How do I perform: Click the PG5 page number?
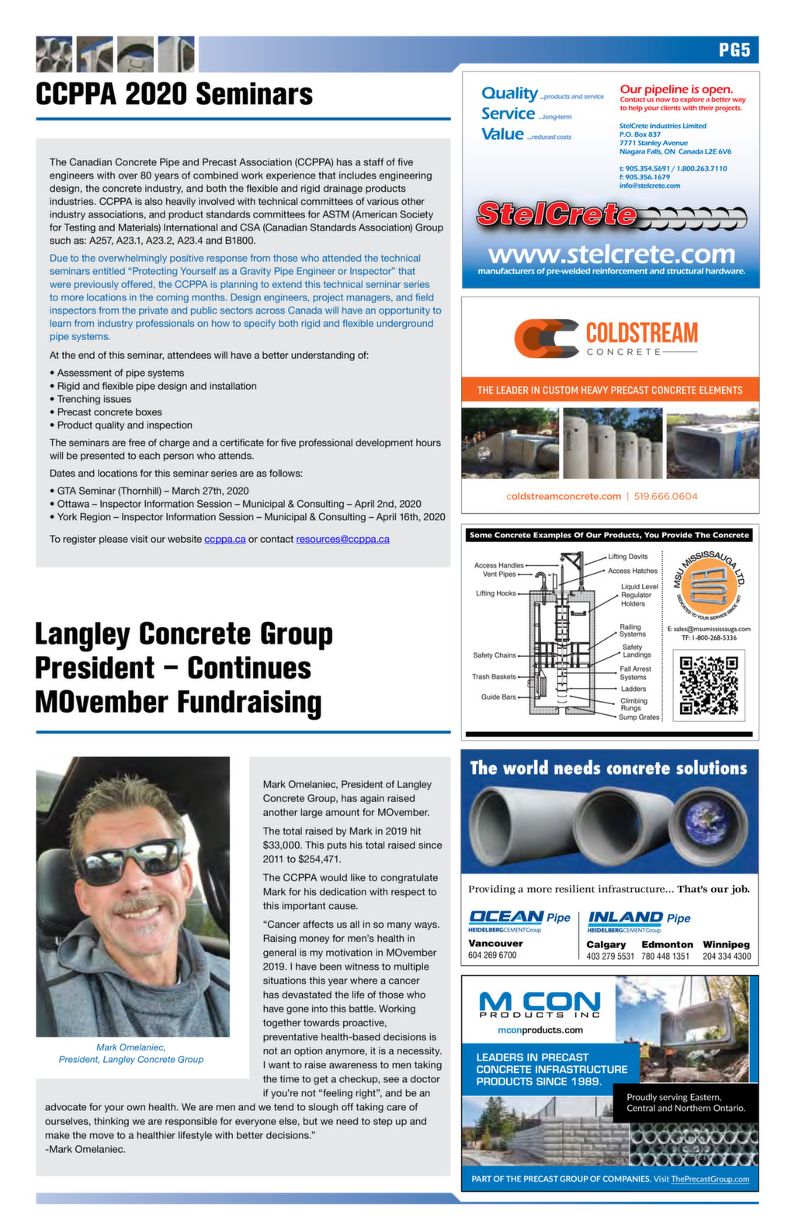734,50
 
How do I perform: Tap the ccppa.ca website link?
224,539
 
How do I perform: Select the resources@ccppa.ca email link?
342,539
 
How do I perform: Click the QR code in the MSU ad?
708,686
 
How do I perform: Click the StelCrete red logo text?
556,214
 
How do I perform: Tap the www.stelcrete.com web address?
611,254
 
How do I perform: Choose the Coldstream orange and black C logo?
547,339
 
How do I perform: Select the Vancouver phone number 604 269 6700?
492,956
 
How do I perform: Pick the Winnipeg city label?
726,944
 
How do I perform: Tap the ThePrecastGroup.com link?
710,1179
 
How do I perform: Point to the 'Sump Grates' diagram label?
639,717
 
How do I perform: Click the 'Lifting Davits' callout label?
627,557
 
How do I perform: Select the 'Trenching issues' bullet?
94,399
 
